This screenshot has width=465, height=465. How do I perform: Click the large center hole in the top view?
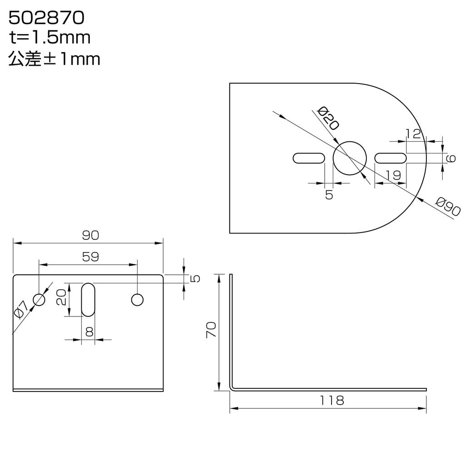(350, 158)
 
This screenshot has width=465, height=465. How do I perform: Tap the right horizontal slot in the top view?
(391, 158)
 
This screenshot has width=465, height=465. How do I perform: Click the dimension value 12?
(414, 133)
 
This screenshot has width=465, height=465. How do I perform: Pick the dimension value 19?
(393, 174)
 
